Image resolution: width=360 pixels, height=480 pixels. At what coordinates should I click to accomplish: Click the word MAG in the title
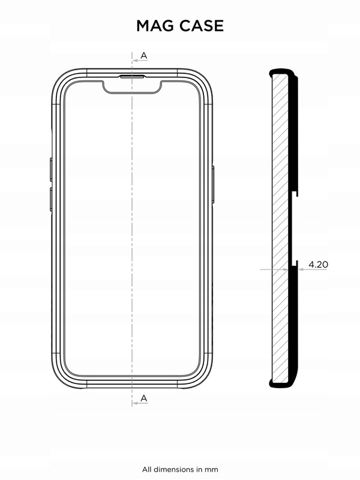155,25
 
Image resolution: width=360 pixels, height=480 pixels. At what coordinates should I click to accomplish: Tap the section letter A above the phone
143,56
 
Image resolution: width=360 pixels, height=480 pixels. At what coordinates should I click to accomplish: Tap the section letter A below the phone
143,398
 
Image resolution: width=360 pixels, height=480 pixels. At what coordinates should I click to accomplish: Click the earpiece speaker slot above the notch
133,77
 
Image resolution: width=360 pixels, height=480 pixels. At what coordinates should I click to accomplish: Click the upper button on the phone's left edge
51,169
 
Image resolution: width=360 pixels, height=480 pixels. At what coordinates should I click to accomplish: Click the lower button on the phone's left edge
51,199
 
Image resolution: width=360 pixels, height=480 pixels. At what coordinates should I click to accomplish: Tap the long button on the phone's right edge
213,185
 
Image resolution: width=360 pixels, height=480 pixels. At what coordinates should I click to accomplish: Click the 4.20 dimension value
318,264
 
